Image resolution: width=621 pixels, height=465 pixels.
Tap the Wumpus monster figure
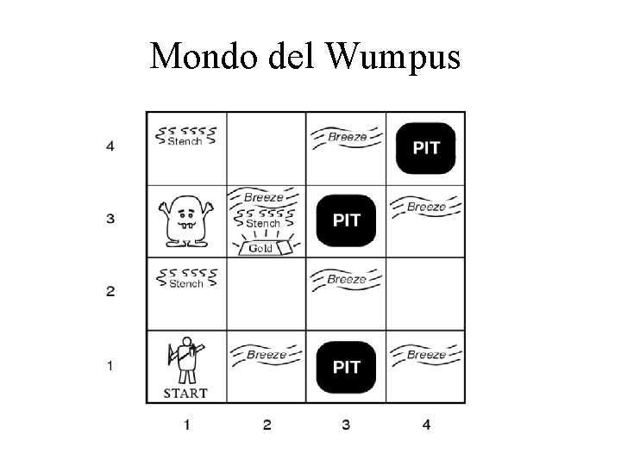pos(185,220)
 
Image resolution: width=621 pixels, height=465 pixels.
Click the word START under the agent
pos(185,394)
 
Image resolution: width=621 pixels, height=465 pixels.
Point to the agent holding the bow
pos(186,360)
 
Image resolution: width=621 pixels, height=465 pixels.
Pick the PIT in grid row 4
pos(426,147)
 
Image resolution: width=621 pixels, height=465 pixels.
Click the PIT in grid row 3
pos(347,220)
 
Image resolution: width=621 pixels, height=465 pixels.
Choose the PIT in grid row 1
pos(347,367)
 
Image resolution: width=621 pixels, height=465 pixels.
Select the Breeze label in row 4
pos(347,136)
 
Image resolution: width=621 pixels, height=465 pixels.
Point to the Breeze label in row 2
pos(347,278)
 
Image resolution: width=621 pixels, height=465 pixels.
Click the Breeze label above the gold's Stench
pos(264,197)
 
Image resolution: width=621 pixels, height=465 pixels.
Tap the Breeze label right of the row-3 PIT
pos(426,207)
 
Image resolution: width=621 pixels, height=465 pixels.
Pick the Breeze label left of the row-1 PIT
pos(266,354)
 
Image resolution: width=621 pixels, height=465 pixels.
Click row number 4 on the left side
pos(110,146)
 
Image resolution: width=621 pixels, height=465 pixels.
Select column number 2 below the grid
pos(267,424)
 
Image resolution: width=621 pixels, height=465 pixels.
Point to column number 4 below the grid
pos(426,424)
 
